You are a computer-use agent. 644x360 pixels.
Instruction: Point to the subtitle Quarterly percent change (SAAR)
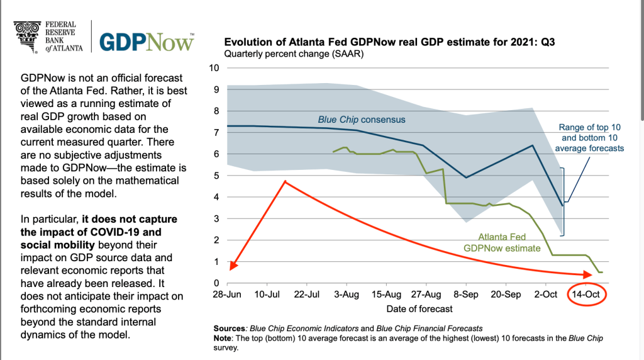coord(294,54)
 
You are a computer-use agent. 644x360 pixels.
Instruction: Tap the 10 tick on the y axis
coord(214,68)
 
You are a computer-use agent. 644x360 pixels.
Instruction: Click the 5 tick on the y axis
coord(216,176)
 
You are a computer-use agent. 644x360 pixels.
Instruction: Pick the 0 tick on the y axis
coord(216,283)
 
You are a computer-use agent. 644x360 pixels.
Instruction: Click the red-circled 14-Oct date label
coord(586,295)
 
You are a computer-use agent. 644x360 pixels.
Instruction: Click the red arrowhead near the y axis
coord(233,265)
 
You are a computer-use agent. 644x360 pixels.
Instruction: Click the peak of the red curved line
coord(286,181)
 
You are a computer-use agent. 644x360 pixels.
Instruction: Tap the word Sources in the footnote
coord(230,328)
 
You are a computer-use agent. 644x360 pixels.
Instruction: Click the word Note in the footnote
coord(225,338)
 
